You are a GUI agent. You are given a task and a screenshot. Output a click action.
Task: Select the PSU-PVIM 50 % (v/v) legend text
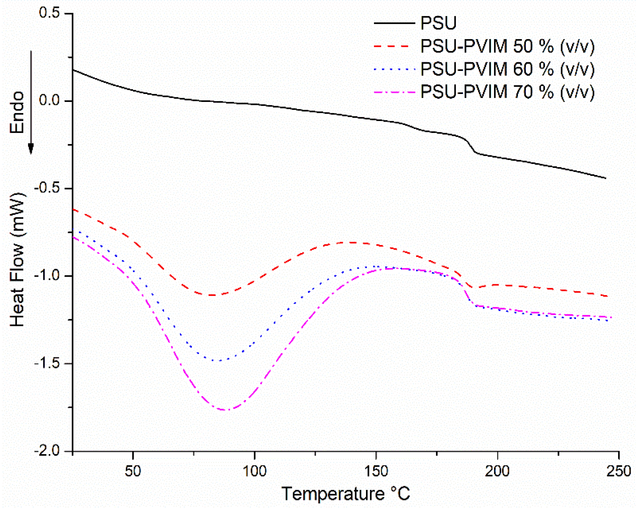pyautogui.click(x=507, y=46)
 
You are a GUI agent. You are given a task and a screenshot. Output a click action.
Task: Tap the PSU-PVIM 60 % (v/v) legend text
pyautogui.click(x=507, y=69)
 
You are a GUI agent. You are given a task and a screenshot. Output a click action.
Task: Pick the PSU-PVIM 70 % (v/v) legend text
pyautogui.click(x=507, y=92)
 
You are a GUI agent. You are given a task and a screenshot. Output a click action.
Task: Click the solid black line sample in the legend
pyautogui.click(x=394, y=23)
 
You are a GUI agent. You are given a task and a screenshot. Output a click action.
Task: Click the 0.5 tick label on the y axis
pyautogui.click(x=49, y=13)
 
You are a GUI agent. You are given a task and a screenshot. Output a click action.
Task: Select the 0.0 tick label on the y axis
pyautogui.click(x=49, y=101)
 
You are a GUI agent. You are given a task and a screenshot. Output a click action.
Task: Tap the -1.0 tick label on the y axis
pyautogui.click(x=47, y=276)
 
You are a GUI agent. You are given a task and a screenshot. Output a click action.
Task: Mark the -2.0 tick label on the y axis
pyautogui.click(x=47, y=451)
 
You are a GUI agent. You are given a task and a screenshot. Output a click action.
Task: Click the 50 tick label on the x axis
pyautogui.click(x=133, y=471)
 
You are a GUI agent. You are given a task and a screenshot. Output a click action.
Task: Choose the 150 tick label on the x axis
pyautogui.click(x=376, y=471)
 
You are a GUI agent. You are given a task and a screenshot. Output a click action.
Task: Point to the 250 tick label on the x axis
pyautogui.click(x=619, y=471)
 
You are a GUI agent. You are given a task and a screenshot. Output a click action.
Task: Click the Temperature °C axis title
pyautogui.click(x=346, y=494)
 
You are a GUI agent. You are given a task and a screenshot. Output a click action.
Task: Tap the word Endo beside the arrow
pyautogui.click(x=17, y=113)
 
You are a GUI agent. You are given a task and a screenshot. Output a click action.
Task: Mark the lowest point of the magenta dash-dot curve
pyautogui.click(x=225, y=410)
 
